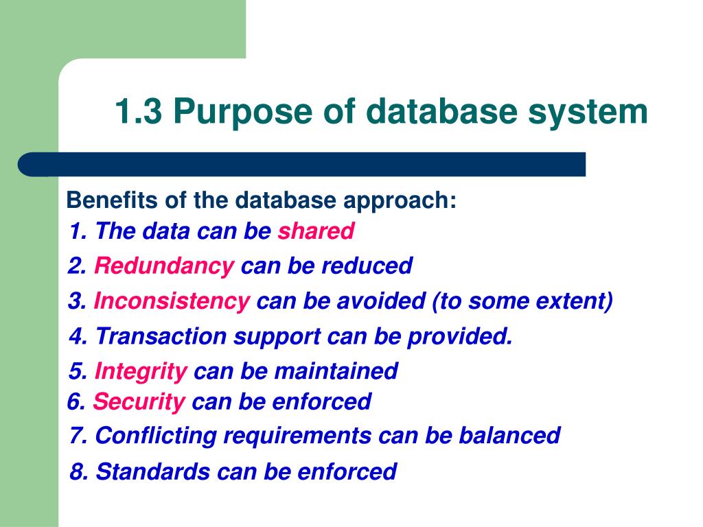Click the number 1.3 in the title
coord(138,112)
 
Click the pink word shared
coord(316,231)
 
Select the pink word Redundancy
coord(164,266)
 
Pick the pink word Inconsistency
coord(172,301)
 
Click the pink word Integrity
coord(141,372)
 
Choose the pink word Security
coord(139,401)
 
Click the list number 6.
coord(76,401)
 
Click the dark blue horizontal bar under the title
coord(302,165)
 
